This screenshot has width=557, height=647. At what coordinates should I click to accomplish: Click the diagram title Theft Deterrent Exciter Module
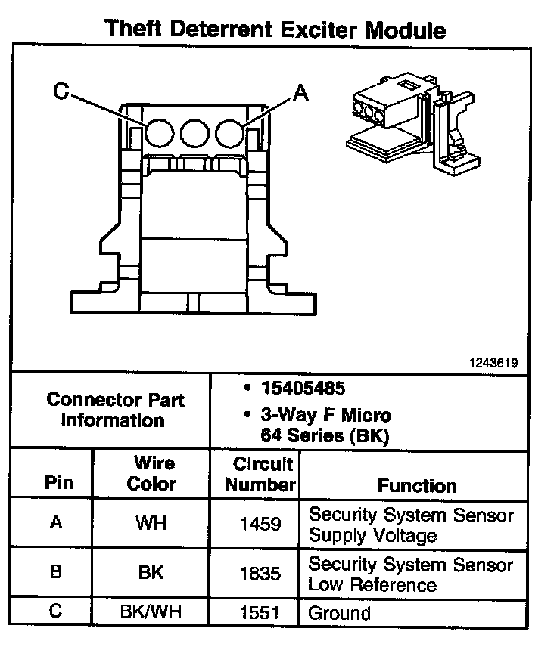point(275,29)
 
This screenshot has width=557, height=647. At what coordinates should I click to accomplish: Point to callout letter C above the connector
point(61,91)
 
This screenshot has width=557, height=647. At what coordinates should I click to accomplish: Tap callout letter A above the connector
point(300,93)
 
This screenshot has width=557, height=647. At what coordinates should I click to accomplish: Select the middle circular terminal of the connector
point(194,133)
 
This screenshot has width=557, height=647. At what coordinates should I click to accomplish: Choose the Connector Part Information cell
point(115,410)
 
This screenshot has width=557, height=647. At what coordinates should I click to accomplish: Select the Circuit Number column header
point(260,474)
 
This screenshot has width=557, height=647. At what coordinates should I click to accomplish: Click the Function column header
point(417,485)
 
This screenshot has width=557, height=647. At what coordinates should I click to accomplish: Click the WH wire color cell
point(151,523)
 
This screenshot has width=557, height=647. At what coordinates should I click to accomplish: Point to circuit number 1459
point(260,523)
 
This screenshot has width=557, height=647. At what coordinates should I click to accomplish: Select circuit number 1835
point(260,572)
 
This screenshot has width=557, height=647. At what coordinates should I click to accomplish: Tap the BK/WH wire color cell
point(151,612)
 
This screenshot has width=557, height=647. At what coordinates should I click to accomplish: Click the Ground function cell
point(339,612)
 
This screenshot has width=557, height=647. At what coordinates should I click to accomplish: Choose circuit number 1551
point(260,612)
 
